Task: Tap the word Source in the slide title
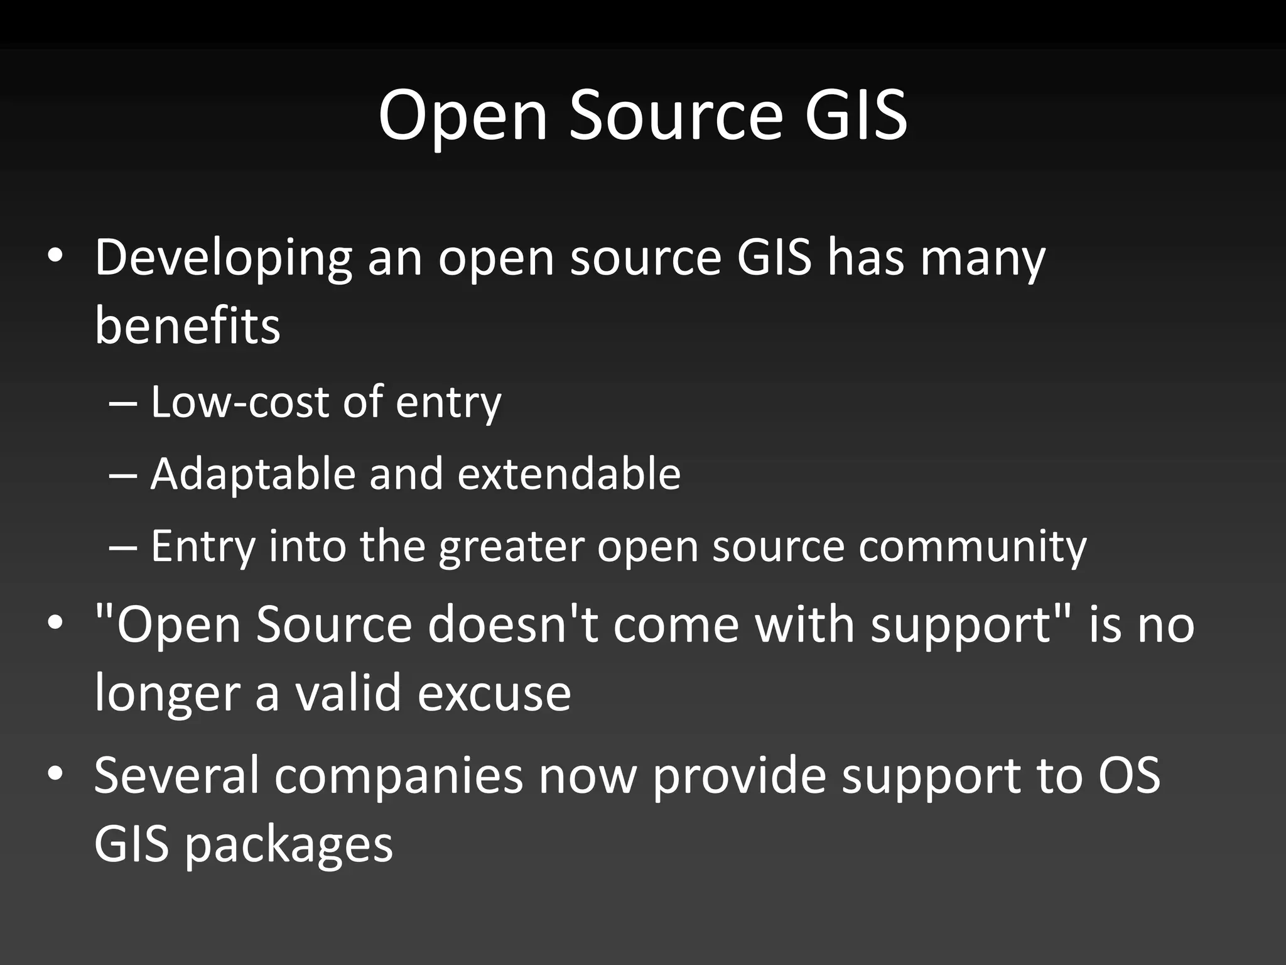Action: (676, 115)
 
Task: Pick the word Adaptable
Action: (252, 474)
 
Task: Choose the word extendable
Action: (569, 474)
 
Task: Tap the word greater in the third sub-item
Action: (511, 546)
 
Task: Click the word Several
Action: (176, 776)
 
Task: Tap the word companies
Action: (398, 776)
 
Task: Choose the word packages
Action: (289, 845)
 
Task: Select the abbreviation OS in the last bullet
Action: (1128, 776)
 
